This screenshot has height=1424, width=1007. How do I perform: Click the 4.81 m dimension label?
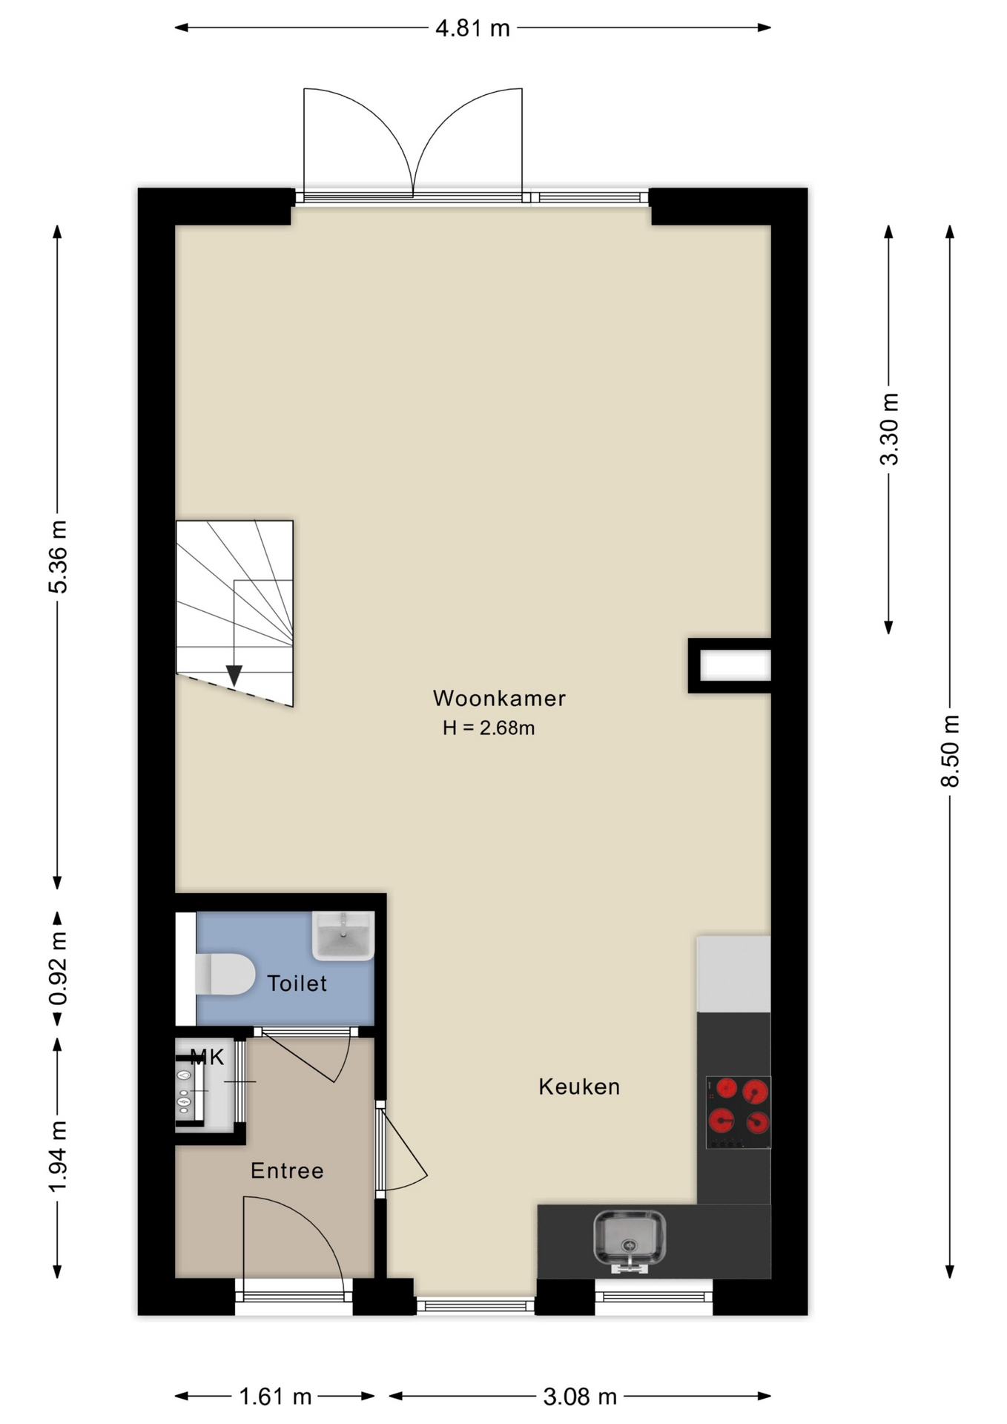click(472, 28)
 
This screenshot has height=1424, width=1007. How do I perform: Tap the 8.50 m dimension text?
click(950, 751)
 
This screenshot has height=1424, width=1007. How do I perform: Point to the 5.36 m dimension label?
click(58, 556)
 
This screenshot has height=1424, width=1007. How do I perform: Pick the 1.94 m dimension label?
click(58, 1156)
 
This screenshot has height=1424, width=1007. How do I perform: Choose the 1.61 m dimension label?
click(275, 1397)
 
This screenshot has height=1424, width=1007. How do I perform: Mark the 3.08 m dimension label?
click(580, 1397)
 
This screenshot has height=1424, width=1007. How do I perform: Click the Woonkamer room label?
click(499, 698)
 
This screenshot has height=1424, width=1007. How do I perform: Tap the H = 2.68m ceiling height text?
click(489, 728)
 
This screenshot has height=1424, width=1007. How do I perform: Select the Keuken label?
click(579, 1087)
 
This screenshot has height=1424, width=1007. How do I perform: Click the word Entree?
click(287, 1170)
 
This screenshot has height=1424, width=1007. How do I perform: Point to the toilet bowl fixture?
click(225, 974)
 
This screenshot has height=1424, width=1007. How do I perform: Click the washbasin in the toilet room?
click(343, 935)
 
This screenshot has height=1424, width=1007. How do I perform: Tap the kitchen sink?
click(630, 1238)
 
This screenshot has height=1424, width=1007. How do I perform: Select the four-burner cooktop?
click(739, 1112)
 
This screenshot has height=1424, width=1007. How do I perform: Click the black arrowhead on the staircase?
click(234, 675)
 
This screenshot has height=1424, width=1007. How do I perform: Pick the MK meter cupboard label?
click(207, 1057)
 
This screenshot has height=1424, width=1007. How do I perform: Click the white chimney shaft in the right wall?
click(736, 665)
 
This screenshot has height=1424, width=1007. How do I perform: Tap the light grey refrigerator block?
click(733, 973)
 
